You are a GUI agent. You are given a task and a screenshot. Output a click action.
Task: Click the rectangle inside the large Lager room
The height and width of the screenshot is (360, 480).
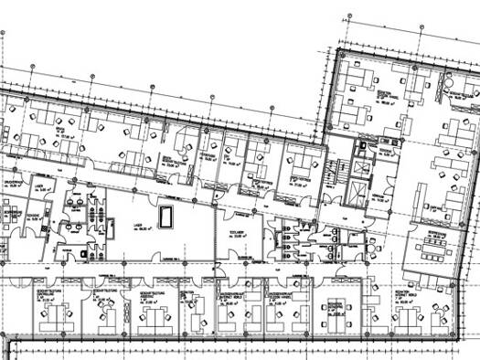point(167,217)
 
